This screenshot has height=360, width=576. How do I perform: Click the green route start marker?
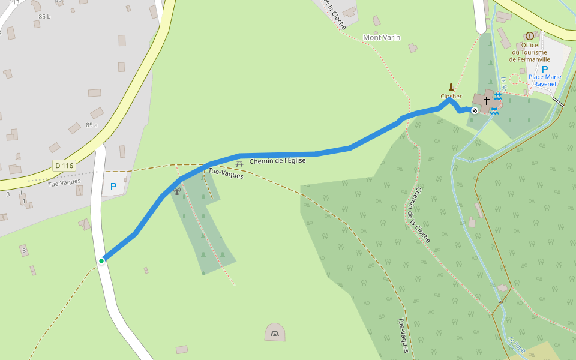102,260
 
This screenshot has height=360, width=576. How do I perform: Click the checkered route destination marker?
475,110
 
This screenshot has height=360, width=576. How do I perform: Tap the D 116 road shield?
64,165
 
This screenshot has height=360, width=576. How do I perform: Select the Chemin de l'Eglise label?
278,161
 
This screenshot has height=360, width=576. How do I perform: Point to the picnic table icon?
239,163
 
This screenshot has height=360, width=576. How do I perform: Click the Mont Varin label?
382,37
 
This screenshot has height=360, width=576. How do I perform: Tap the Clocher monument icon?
451,87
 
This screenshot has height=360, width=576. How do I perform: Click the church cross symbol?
486,100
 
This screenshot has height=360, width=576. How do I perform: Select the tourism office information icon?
529,36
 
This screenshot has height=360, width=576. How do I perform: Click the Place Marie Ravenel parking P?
544,70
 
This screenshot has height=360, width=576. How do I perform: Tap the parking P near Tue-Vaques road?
113,187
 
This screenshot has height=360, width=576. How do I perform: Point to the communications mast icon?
177,191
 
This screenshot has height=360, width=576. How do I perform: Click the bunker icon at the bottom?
275,332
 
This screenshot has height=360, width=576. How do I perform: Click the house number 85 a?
91,125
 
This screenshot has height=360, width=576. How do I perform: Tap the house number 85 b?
45,16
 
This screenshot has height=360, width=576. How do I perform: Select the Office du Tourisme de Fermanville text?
529,52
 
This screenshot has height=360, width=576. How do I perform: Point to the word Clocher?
451,96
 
